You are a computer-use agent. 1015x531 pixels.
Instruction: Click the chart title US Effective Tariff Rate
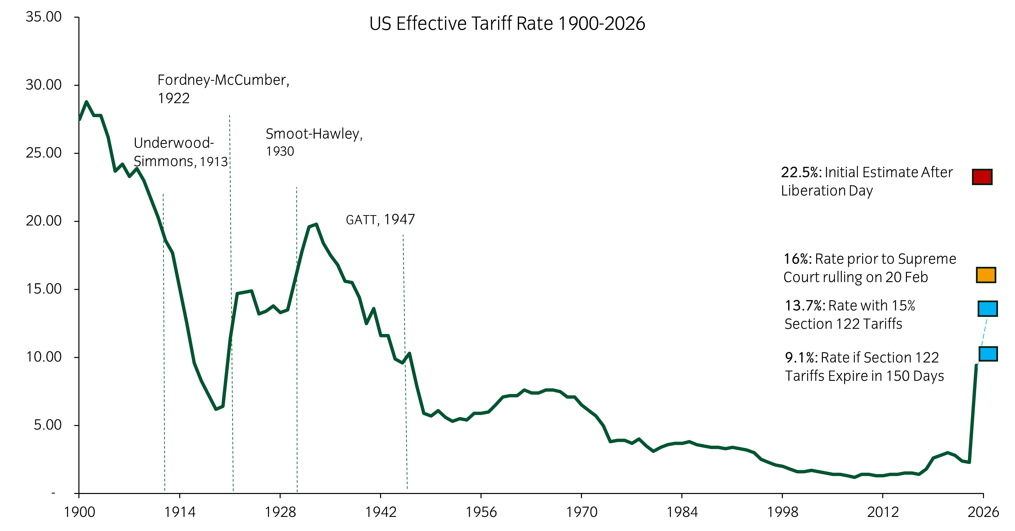pyautogui.click(x=507, y=24)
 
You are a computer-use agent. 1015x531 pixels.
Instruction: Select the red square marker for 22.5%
pyautogui.click(x=982, y=177)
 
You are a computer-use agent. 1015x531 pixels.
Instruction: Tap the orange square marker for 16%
pyautogui.click(x=986, y=275)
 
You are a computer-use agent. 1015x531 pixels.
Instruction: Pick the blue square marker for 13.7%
pyautogui.click(x=987, y=309)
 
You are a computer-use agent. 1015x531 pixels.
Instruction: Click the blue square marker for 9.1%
pyautogui.click(x=988, y=354)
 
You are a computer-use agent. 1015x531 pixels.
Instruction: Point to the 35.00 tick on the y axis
pyautogui.click(x=43, y=17)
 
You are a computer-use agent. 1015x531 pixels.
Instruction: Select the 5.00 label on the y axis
pyautogui.click(x=47, y=425)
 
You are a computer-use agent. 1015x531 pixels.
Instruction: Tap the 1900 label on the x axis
pyautogui.click(x=79, y=512)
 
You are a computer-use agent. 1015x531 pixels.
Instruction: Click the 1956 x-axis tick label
pyautogui.click(x=481, y=512)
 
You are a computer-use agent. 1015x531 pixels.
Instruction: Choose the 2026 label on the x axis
pyautogui.click(x=983, y=512)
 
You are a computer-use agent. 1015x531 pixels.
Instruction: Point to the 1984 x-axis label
pyautogui.click(x=682, y=512)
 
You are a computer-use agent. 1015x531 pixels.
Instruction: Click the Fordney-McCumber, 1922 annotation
pyautogui.click(x=223, y=89)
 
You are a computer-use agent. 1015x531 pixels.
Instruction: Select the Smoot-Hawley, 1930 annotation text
pyautogui.click(x=314, y=142)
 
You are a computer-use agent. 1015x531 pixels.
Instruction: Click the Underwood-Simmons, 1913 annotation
pyautogui.click(x=181, y=152)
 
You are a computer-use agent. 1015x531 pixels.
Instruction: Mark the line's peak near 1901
pyautogui.click(x=86, y=102)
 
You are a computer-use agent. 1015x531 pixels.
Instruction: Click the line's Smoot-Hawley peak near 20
pyautogui.click(x=316, y=224)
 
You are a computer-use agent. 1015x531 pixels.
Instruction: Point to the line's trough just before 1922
pyautogui.click(x=216, y=409)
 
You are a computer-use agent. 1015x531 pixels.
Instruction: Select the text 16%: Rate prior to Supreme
pyautogui.click(x=869, y=259)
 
